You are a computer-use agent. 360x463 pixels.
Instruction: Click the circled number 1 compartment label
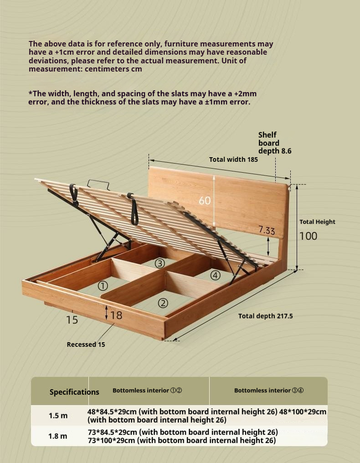[103, 286]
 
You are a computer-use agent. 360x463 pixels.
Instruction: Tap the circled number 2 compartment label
[163, 303]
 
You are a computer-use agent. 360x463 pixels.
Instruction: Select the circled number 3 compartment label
[159, 263]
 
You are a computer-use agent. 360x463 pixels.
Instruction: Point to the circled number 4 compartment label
[215, 275]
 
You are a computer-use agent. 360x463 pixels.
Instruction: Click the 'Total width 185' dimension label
[233, 159]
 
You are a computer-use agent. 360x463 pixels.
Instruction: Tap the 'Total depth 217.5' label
[265, 316]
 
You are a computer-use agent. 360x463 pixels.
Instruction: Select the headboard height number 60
[205, 200]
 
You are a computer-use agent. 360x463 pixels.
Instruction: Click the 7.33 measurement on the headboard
[267, 230]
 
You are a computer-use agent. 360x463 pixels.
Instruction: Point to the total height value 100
[308, 236]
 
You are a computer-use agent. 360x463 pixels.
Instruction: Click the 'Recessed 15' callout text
[86, 345]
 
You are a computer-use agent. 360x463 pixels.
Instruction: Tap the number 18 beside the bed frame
[116, 315]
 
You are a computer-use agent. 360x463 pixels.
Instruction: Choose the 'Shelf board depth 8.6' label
[274, 143]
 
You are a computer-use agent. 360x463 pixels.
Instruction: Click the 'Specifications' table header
[74, 392]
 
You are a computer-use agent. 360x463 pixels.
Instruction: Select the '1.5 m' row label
[58, 416]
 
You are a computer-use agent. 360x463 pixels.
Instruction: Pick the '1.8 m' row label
[58, 436]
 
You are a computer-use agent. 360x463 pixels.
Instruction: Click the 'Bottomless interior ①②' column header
[147, 391]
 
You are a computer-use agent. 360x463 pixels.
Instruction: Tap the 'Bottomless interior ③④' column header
[269, 391]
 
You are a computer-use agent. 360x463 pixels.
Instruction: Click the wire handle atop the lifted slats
[98, 184]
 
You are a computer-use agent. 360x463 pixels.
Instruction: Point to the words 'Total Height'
[317, 222]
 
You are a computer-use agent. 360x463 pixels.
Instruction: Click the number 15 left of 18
[72, 320]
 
